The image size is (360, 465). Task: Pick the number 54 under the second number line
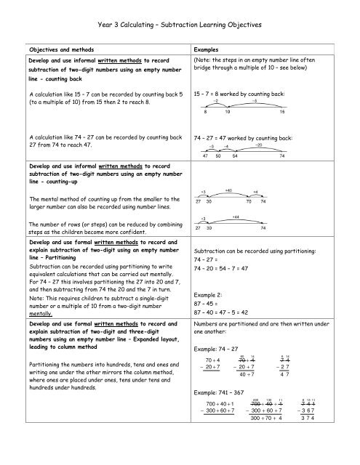pos(233,156)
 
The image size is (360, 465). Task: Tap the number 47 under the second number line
pos(206,156)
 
